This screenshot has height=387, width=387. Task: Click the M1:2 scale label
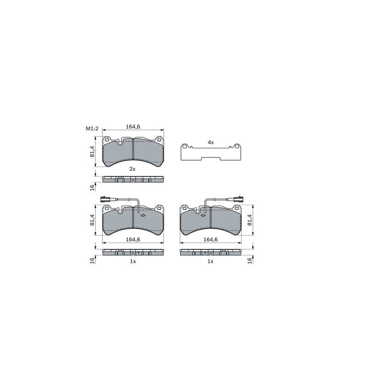click(x=92, y=129)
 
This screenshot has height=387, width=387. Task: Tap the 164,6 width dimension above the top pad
click(x=133, y=126)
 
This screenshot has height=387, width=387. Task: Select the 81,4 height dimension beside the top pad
click(x=92, y=151)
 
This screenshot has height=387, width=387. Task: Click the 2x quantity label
click(x=132, y=169)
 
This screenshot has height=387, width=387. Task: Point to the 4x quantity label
click(x=211, y=142)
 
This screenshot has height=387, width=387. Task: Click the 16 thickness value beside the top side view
click(x=92, y=187)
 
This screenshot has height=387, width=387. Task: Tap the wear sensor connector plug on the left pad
click(x=104, y=199)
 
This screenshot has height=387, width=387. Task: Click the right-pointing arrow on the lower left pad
click(x=143, y=215)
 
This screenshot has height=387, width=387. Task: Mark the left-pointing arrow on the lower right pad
click(x=203, y=215)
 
